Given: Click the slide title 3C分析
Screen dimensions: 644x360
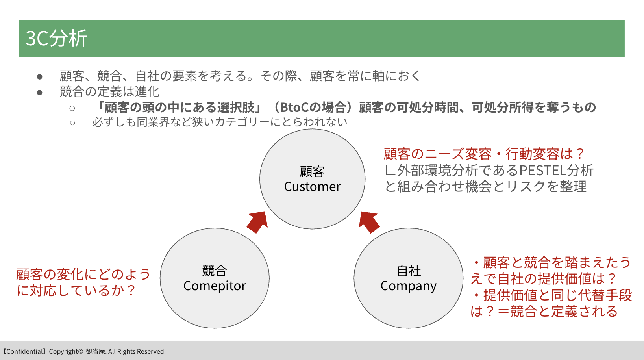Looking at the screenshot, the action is click(x=56, y=38).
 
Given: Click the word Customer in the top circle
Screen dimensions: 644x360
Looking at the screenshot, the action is click(x=312, y=186).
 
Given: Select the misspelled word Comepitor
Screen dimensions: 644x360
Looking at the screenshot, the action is click(x=215, y=286).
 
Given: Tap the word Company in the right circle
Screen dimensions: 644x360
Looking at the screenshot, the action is click(x=409, y=286).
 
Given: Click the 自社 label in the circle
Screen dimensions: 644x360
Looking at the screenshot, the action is click(x=409, y=271).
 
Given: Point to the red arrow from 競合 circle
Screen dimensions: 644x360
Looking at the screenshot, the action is click(x=257, y=222).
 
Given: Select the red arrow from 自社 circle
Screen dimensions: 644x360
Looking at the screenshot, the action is click(x=369, y=222).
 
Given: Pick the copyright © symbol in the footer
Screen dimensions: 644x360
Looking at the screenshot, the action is click(x=80, y=351).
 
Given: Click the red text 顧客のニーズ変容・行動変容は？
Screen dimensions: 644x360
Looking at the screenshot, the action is click(x=484, y=154).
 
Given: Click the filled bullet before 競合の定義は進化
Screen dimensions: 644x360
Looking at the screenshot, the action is click(x=40, y=93).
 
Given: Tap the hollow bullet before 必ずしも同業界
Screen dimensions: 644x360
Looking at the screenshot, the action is click(x=72, y=123).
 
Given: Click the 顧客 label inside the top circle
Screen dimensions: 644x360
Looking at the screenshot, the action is click(x=312, y=172).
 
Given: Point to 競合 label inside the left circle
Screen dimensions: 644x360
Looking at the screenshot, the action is click(x=215, y=271).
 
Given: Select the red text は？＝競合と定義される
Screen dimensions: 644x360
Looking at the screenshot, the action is click(x=544, y=312).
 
